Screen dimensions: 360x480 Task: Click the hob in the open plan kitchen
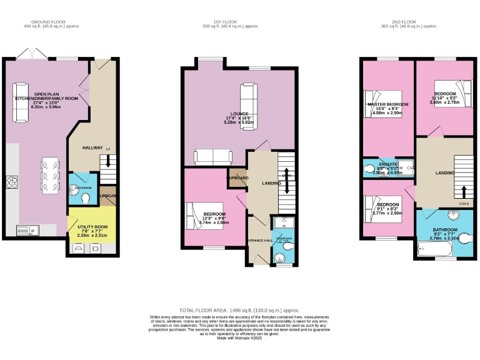(12, 182)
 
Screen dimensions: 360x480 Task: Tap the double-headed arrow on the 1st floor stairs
(286, 176)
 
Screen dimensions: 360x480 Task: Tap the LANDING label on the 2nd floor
(445, 172)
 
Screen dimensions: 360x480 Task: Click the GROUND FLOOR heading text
(52, 21)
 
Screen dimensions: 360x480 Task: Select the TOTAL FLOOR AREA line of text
(239, 310)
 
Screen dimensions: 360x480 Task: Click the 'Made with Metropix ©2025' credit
(239, 338)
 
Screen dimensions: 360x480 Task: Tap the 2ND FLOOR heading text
(408, 21)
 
